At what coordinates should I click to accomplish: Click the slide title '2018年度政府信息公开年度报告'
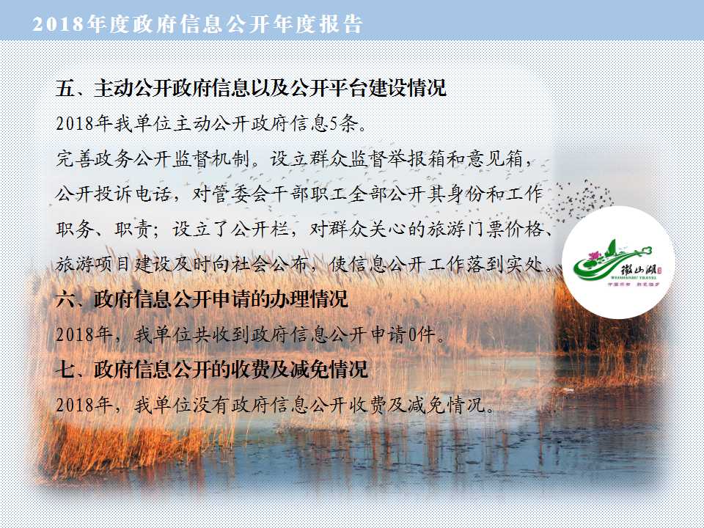[197, 24]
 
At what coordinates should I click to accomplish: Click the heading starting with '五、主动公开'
[251, 87]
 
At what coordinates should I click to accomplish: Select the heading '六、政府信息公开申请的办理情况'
[202, 299]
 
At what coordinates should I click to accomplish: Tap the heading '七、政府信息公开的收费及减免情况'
[212, 369]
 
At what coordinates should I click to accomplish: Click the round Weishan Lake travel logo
[618, 263]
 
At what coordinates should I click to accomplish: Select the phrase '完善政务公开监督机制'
[153, 159]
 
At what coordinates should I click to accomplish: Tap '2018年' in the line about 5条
[84, 123]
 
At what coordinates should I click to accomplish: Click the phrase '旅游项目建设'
[114, 264]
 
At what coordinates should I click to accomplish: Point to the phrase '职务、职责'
[104, 229]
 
